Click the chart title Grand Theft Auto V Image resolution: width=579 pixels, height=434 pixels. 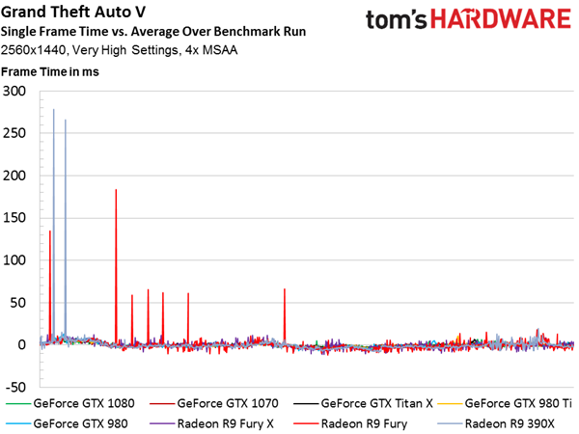coord(73,12)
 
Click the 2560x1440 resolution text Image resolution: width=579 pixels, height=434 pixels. coord(34,50)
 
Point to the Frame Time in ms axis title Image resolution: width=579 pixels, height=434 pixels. coord(50,71)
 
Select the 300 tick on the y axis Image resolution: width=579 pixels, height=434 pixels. coord(14,91)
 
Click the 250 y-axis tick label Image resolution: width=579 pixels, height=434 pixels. coord(14,133)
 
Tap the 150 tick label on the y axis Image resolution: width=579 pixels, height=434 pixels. coord(14,218)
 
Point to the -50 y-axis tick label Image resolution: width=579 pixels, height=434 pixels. coord(15,387)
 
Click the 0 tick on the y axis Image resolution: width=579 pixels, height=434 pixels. coord(22,344)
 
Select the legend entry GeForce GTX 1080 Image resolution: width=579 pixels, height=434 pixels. coord(70,403)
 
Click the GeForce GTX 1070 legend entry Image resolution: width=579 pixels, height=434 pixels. coord(214,403)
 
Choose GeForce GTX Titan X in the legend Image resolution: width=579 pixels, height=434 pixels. coord(363,403)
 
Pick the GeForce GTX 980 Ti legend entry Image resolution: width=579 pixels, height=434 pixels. coord(505,403)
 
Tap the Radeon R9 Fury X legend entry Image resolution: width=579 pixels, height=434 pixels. coord(211,423)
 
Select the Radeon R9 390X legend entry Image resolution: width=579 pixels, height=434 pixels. coord(496,423)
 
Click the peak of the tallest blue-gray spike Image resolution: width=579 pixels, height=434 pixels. coord(53,109)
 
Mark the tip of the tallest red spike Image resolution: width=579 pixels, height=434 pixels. coord(116,190)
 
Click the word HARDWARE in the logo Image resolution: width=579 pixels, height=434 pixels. coord(501,19)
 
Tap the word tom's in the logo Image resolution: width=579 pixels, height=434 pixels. coord(397,20)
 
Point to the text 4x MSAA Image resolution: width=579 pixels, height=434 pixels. coord(211,50)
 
